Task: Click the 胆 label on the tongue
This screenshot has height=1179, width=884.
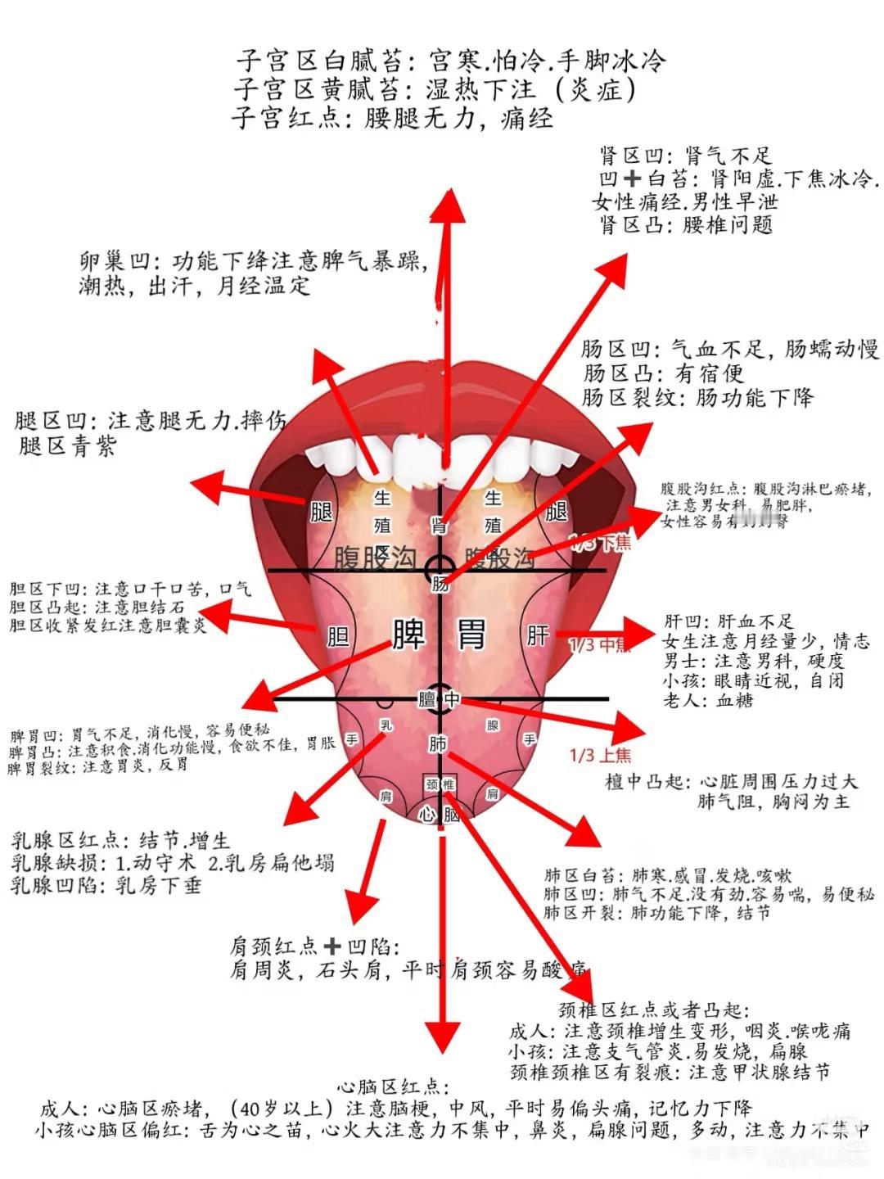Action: pos(338,636)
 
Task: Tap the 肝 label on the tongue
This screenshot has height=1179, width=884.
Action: pos(538,635)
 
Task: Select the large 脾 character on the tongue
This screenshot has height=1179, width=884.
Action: pos(409,633)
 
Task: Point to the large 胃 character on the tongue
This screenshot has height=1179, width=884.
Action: pos(471,633)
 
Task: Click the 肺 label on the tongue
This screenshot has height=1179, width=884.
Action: pos(438,744)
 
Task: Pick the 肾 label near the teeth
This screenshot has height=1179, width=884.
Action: pos(440,526)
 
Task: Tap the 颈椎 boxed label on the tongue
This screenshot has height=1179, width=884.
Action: pos(440,784)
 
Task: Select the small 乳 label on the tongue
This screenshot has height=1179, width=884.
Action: pos(386,725)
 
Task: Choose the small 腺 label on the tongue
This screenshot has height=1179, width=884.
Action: pos(493,725)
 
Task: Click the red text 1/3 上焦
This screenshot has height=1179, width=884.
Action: pos(600,755)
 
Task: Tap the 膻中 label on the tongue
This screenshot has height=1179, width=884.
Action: pos(439,699)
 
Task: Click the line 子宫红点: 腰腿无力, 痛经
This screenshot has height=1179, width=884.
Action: pos(392,119)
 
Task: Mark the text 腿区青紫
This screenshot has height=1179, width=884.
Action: pos(67,447)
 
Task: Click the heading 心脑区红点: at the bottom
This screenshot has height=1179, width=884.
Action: pos(393,1087)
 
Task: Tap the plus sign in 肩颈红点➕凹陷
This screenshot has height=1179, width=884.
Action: pos(331,947)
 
